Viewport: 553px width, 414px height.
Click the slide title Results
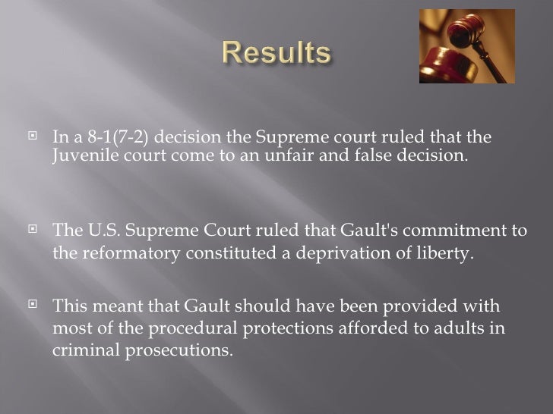[x=276, y=55]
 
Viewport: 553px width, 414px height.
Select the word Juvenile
[x=79, y=156]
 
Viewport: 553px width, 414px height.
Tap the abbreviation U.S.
[x=93, y=231]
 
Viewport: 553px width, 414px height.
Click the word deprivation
[x=339, y=253]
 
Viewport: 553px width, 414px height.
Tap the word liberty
[x=444, y=253]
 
